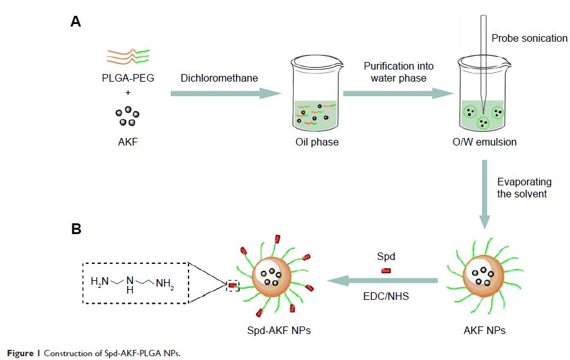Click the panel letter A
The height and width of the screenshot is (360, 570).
[x=76, y=22]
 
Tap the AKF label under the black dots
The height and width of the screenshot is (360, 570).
[x=127, y=142]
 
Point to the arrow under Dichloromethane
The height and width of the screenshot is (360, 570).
[x=225, y=94]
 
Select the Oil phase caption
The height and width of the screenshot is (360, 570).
[x=317, y=142]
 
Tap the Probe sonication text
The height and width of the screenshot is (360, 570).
[x=530, y=39]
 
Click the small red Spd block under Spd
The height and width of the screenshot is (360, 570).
[x=386, y=271]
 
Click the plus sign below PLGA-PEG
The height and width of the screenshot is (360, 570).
[x=127, y=92]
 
